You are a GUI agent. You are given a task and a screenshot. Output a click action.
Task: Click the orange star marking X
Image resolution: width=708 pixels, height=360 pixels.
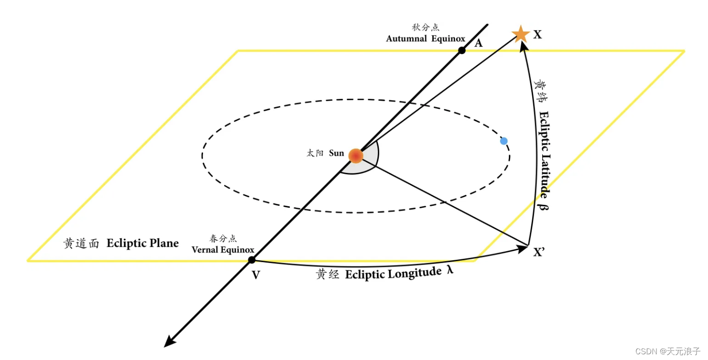point(520,34)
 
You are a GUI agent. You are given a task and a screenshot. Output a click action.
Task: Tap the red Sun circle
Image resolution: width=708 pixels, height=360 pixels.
point(355,156)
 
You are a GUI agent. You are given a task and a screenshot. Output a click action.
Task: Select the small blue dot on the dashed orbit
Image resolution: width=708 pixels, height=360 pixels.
point(504,141)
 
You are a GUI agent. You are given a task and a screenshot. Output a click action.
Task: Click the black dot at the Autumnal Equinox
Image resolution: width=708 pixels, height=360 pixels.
point(461,50)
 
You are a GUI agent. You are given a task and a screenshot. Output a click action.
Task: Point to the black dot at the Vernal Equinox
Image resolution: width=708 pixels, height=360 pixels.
point(252,260)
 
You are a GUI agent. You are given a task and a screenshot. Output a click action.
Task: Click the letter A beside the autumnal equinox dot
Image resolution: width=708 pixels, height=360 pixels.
point(478,43)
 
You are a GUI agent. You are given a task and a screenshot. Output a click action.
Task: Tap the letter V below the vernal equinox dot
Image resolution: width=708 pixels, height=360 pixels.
point(256,275)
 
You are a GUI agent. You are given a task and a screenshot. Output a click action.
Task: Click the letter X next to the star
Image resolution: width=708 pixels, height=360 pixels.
point(537,34)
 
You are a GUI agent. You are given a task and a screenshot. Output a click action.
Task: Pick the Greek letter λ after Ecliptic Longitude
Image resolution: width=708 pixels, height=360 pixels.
point(450,270)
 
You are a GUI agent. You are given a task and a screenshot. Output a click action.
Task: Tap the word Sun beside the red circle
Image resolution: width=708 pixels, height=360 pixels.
point(336,153)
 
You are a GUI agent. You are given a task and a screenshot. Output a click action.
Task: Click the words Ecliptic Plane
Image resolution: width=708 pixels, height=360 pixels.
point(142,243)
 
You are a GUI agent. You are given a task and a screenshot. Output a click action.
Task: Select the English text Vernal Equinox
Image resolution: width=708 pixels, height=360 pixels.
point(223,250)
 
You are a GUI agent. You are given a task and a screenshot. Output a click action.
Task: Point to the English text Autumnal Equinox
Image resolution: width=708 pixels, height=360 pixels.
point(425,38)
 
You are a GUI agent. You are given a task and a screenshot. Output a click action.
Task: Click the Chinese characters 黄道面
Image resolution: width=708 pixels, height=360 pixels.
point(81,244)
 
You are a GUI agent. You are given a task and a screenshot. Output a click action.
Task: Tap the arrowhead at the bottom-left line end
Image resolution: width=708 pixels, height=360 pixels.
point(168,342)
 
